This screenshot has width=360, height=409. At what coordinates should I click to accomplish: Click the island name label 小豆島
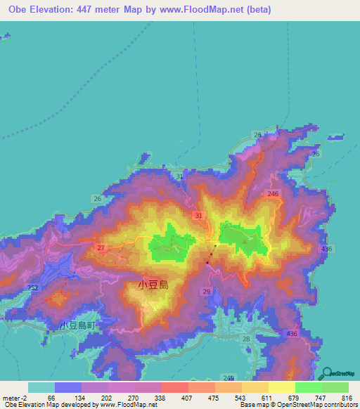pyautogui.click(x=153, y=285)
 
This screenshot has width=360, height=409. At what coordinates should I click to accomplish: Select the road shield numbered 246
pyautogui.click(x=274, y=193)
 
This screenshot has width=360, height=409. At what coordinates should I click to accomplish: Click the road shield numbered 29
pyautogui.click(x=207, y=290)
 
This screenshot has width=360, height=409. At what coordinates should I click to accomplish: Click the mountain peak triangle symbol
pyautogui.click(x=245, y=242)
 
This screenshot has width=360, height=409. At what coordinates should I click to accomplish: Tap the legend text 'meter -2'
pyautogui.click(x=15, y=398)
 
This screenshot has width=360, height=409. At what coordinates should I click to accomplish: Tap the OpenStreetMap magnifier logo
pyautogui.click(x=326, y=372)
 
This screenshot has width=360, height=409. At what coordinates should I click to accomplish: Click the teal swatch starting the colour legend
pyautogui.click(x=41, y=387)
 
